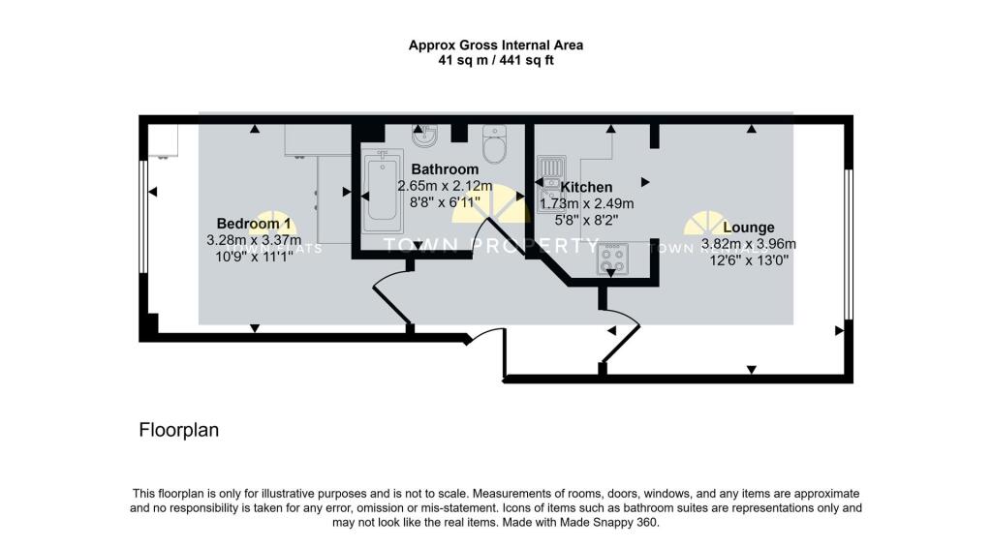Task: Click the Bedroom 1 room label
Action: (x=254, y=224)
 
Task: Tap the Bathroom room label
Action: (x=445, y=169)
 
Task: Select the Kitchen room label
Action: (x=586, y=187)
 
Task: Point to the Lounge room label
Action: (x=748, y=228)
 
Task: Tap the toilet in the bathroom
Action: (x=494, y=147)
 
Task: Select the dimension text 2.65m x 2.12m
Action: (x=445, y=187)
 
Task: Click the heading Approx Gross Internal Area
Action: (x=495, y=45)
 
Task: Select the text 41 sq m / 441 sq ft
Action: (x=495, y=60)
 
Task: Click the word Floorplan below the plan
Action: (x=179, y=430)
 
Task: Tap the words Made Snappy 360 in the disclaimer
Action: (x=616, y=523)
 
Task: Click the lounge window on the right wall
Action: (x=849, y=244)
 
